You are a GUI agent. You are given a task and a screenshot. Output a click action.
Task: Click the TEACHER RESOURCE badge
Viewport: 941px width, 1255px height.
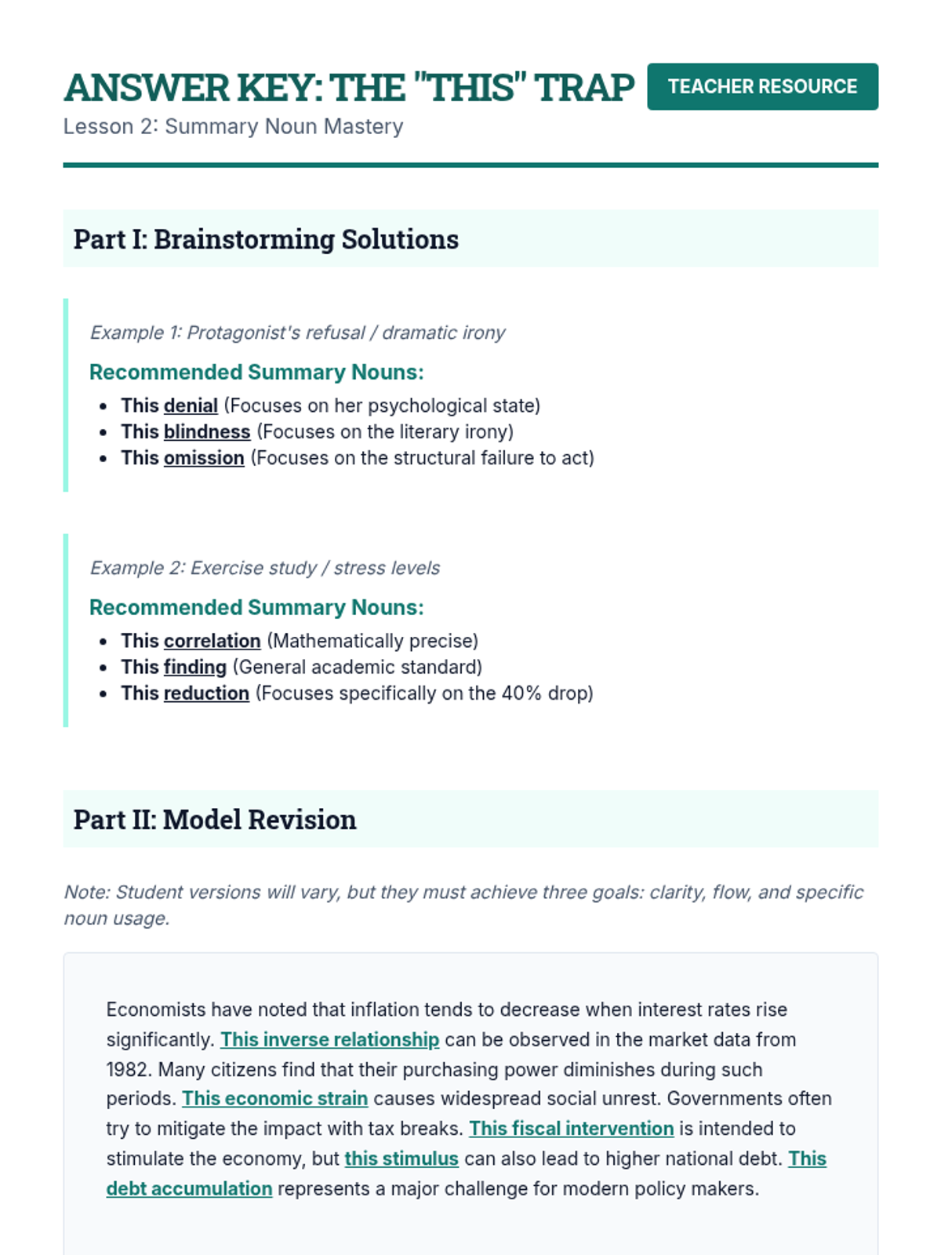pyautogui.click(x=762, y=86)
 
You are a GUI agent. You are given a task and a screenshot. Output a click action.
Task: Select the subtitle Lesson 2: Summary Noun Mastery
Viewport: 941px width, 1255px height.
pyautogui.click(x=233, y=126)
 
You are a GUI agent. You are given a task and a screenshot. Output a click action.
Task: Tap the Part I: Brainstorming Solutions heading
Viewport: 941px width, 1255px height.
pyautogui.click(x=266, y=239)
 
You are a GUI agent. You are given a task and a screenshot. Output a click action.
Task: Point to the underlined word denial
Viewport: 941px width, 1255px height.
pyautogui.click(x=191, y=406)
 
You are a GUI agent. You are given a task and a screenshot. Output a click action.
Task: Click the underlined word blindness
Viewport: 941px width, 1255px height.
pyautogui.click(x=207, y=431)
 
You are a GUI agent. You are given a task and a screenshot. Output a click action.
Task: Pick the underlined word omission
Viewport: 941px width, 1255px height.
pyautogui.click(x=204, y=458)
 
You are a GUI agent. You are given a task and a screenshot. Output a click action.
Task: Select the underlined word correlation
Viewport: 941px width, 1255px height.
pyautogui.click(x=212, y=641)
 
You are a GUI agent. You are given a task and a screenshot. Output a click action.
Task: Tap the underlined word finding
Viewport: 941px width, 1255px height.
pyautogui.click(x=195, y=667)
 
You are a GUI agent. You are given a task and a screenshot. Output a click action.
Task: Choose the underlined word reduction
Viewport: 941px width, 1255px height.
pyautogui.click(x=206, y=693)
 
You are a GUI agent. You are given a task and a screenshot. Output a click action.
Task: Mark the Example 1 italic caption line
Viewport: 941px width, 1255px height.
pyautogui.click(x=297, y=333)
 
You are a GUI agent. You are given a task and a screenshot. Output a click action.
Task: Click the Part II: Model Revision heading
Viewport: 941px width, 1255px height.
pyautogui.click(x=215, y=820)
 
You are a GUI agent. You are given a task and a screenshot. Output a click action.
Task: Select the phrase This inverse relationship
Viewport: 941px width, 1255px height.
pyautogui.click(x=329, y=1039)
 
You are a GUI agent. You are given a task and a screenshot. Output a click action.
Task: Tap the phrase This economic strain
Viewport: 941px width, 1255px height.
pyautogui.click(x=274, y=1098)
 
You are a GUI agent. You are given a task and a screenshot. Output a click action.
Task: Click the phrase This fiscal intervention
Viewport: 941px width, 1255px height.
pyautogui.click(x=571, y=1128)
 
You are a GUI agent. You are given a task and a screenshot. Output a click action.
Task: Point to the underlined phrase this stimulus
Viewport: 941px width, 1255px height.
pyautogui.click(x=401, y=1159)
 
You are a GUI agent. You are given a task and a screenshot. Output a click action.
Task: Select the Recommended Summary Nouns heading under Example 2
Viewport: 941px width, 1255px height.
pyautogui.click(x=256, y=607)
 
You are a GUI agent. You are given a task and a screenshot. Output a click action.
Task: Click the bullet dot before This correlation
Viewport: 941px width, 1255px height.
pyautogui.click(x=104, y=642)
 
